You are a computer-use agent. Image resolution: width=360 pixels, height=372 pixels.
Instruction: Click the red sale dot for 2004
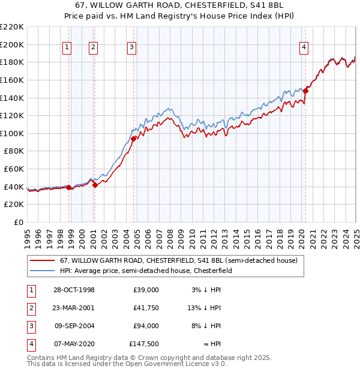pyautogui.click(x=133, y=139)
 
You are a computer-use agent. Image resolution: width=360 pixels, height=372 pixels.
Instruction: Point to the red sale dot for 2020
pyautogui.click(x=305, y=91)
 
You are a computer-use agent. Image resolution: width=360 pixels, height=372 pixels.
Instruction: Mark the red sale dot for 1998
pyautogui.click(x=69, y=187)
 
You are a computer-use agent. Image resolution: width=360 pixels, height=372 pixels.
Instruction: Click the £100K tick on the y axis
pyautogui.click(x=13, y=133)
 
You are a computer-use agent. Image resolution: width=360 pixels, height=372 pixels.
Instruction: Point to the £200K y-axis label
pyautogui.click(x=13, y=44)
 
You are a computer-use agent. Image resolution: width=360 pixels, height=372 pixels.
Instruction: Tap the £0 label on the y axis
pyautogui.click(x=17, y=222)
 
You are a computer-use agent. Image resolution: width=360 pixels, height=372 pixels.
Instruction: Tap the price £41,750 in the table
pyautogui.click(x=146, y=308)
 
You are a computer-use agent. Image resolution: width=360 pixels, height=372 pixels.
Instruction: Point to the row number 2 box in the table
pyautogui.click(x=31, y=308)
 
